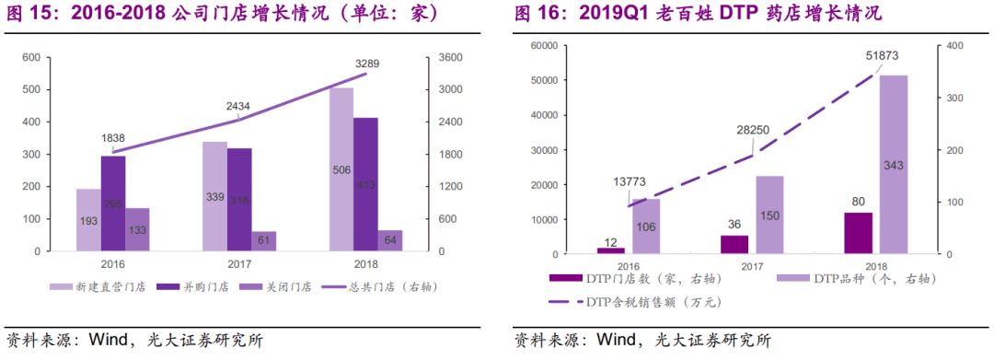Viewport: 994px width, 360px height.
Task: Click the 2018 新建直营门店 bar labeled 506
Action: click(x=341, y=169)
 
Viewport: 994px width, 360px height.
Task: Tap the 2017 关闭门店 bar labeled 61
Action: click(x=239, y=241)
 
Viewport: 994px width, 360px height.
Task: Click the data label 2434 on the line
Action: click(x=238, y=106)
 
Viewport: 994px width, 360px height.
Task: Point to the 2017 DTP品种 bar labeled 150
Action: click(x=769, y=215)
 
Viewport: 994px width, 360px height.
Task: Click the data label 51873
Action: click(x=883, y=57)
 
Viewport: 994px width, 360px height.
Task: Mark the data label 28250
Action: click(x=752, y=132)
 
